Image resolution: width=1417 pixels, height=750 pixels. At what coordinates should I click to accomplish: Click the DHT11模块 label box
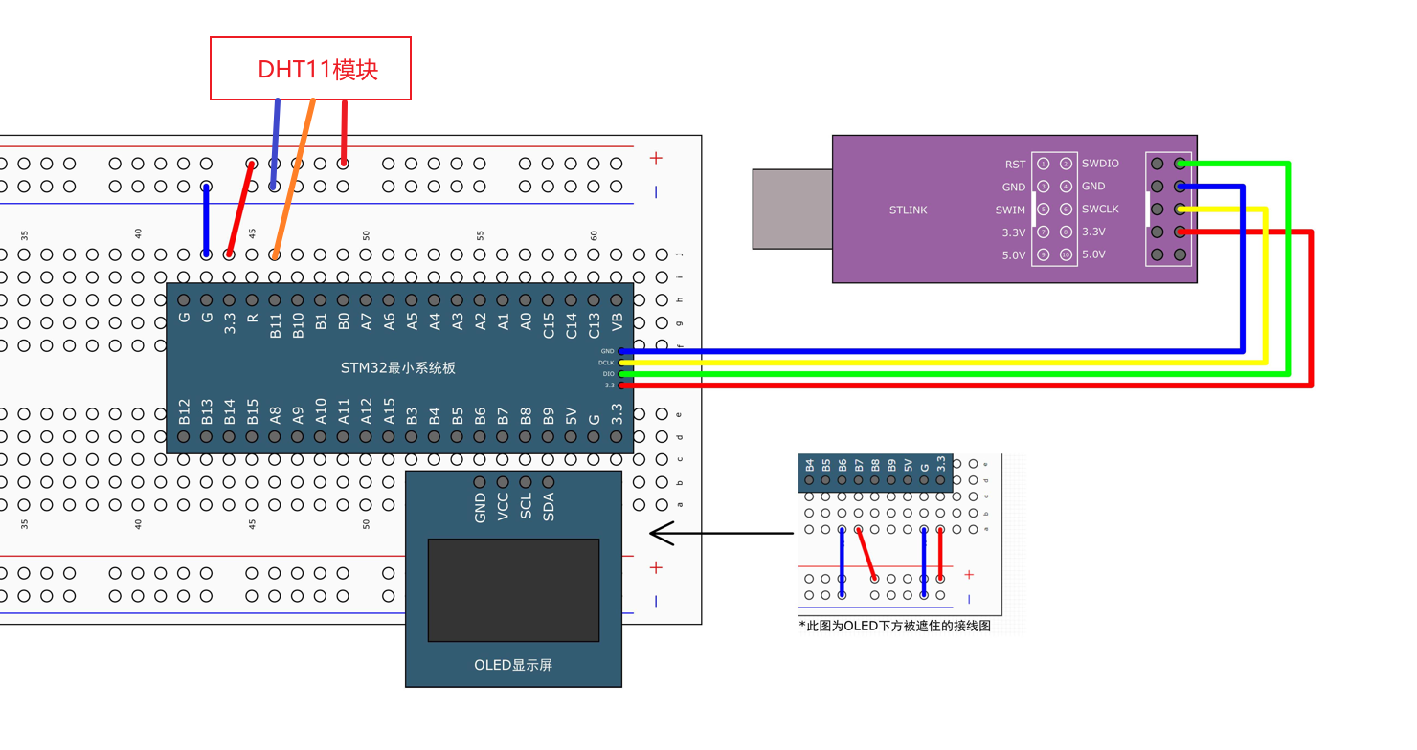coord(310,69)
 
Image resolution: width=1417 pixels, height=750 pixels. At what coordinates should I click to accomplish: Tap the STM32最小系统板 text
coord(399,367)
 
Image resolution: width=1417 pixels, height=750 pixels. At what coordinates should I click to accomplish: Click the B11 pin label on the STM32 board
coord(275,325)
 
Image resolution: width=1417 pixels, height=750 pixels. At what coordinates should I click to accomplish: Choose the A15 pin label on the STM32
coord(390,412)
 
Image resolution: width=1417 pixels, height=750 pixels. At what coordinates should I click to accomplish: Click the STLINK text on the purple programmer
coord(908,210)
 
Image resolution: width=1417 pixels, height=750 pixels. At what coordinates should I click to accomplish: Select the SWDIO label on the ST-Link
coord(1100,164)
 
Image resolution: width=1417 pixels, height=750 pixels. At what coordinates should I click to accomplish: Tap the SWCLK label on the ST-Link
coord(1100,210)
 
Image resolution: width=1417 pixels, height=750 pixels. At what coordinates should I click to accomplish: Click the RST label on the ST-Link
coord(1015,165)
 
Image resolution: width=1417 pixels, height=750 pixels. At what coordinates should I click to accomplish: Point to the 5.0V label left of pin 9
coord(1013,255)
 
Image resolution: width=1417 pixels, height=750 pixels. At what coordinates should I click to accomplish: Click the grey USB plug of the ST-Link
coord(792,209)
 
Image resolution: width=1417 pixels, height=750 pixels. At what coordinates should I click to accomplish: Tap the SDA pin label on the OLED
coord(549,506)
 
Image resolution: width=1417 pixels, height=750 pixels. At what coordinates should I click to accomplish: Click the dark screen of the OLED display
coord(513,589)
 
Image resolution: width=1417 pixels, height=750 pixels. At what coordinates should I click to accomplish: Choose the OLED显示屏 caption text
coord(513,665)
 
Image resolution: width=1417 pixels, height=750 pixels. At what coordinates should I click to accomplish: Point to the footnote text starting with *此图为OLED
coord(894,626)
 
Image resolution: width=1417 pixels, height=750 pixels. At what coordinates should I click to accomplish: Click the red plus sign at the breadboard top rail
coord(656,158)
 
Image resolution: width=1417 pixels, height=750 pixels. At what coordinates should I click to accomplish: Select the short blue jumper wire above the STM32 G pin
coord(206,220)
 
